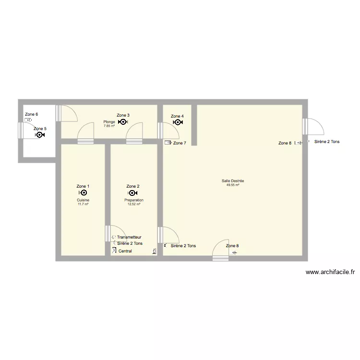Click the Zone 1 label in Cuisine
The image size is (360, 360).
tap(83, 186)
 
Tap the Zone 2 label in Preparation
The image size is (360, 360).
tap(133, 186)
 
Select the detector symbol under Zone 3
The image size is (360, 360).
tap(123, 122)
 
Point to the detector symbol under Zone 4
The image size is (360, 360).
tap(177, 122)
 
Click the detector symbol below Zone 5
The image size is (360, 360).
tap(39, 135)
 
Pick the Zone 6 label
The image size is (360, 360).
tap(31, 114)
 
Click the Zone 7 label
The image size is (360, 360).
tap(180, 143)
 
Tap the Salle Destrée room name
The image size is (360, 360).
tap(233, 181)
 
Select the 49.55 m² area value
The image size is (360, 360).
tap(233, 185)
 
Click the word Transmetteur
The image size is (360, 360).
tap(129, 237)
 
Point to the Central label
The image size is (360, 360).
tap(125, 251)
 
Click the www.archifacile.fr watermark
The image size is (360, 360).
tap(330, 272)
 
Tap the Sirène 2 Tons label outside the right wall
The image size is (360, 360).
tap(327, 142)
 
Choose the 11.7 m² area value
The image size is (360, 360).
tap(83, 204)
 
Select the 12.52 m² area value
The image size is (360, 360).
tap(133, 204)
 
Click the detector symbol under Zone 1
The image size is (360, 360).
tap(83, 193)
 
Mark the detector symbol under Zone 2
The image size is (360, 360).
tap(133, 193)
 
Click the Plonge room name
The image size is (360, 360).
tap(109, 122)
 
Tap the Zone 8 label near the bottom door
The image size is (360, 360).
tap(232, 246)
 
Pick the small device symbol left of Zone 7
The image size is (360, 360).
tap(168, 143)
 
